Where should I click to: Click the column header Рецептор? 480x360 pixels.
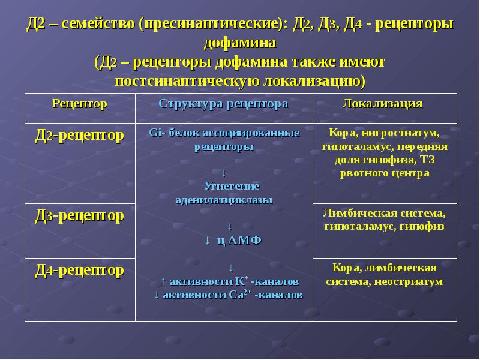(x=79, y=104)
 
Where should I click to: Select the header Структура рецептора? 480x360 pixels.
(x=223, y=104)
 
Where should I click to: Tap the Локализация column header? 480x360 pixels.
(x=382, y=104)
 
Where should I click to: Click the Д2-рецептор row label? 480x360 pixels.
(x=79, y=136)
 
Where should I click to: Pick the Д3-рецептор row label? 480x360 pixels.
(x=79, y=215)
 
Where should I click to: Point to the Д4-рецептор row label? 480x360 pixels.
(x=79, y=270)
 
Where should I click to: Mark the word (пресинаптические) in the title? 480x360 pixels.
(x=212, y=25)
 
